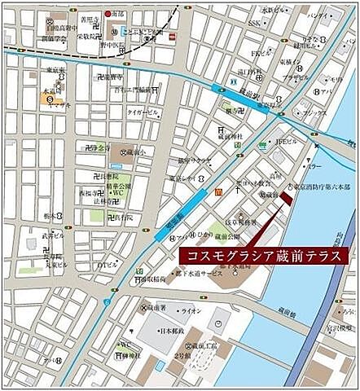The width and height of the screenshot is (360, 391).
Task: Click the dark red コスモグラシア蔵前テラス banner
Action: click(x=261, y=255)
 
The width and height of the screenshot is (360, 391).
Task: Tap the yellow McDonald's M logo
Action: click(x=218, y=192)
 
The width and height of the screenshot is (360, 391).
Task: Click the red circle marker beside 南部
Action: click(x=108, y=14)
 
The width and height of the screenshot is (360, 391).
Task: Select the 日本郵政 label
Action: click(x=169, y=332)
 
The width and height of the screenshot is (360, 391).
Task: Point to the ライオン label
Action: click(x=192, y=310)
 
